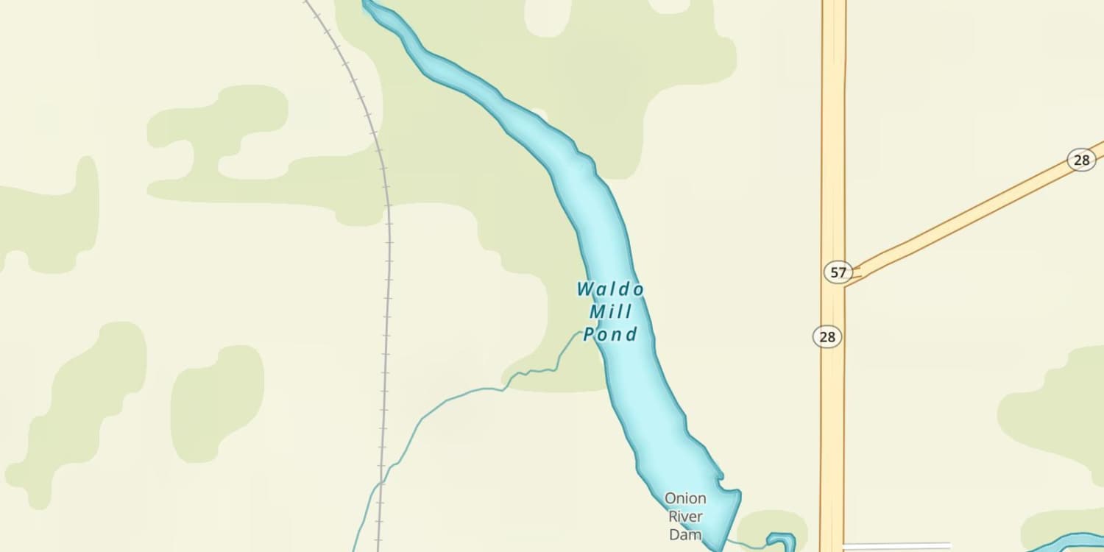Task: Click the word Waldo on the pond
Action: (x=610, y=289)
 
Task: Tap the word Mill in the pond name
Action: (x=610, y=312)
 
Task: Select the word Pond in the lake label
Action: (x=610, y=335)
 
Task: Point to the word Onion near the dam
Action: (x=685, y=498)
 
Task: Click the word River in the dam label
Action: (x=685, y=517)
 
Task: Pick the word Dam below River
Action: (x=685, y=535)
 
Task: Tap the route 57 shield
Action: (x=838, y=272)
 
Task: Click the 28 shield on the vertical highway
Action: (x=827, y=336)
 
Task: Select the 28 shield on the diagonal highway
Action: (x=1081, y=160)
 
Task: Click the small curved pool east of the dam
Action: (x=782, y=542)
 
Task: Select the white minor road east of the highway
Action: (x=898, y=547)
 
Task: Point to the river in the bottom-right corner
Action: (x=1067, y=543)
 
